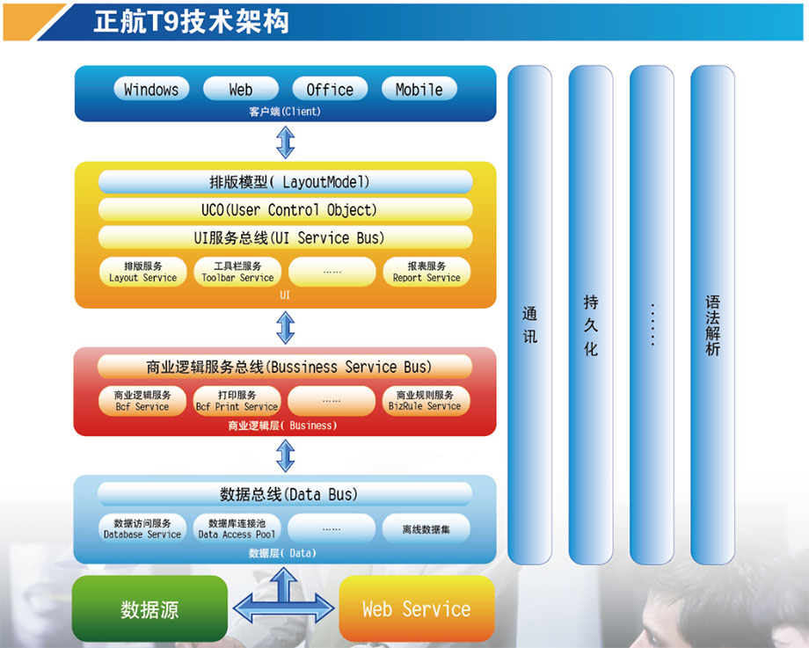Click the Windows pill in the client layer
[x=151, y=89]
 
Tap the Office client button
[x=330, y=89]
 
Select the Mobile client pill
[x=419, y=89]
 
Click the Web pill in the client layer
[x=240, y=89]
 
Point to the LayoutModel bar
[x=285, y=182]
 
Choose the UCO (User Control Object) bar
[x=285, y=209]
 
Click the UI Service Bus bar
[x=285, y=237]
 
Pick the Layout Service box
[x=143, y=272]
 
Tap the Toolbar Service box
[x=237, y=272]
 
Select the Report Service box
[x=426, y=272]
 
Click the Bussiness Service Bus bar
[x=285, y=367]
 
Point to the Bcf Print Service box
[x=237, y=400]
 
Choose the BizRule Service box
[x=426, y=400]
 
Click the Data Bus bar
[x=285, y=494]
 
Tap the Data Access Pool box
[x=237, y=528]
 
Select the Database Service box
[x=142, y=528]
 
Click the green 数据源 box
[x=149, y=608]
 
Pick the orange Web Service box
[x=416, y=608]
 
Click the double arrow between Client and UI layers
[x=285, y=142]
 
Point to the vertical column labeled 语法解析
[x=712, y=315]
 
